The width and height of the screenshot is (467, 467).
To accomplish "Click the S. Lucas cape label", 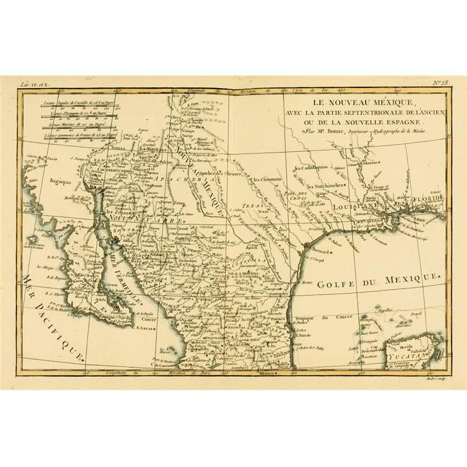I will pos(145,328).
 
